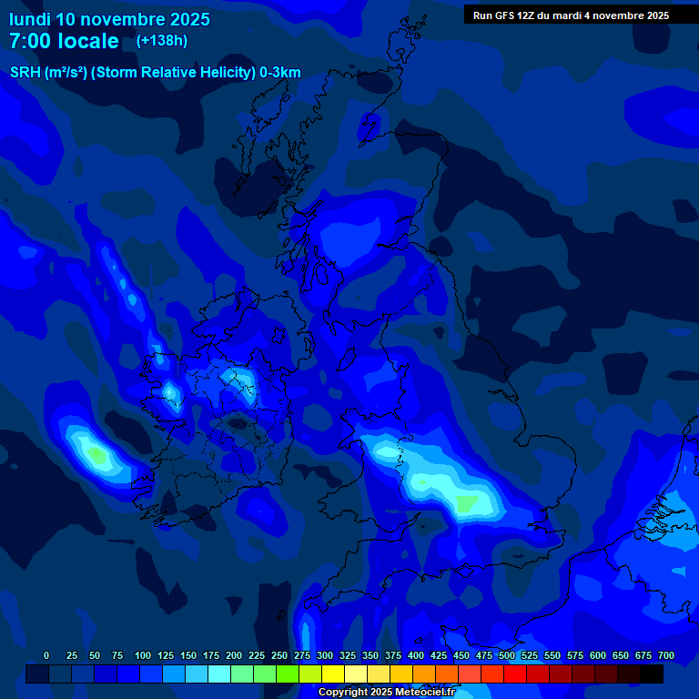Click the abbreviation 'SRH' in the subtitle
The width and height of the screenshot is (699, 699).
(25, 73)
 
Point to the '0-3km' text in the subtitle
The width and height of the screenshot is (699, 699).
(280, 73)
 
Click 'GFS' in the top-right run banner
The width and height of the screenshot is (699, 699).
(507, 15)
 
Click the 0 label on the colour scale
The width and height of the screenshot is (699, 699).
(46, 655)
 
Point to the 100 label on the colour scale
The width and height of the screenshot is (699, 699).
(143, 655)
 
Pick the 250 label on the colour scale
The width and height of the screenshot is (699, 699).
(279, 655)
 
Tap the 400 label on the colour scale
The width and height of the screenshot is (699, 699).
(416, 655)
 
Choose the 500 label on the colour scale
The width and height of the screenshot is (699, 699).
(507, 655)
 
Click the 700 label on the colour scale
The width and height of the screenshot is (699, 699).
(666, 655)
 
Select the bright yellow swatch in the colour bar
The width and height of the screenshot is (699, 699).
(333, 674)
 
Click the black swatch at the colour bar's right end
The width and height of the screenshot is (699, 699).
(652, 674)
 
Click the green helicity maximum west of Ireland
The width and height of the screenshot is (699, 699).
(95, 451)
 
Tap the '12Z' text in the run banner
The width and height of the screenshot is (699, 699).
(528, 15)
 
